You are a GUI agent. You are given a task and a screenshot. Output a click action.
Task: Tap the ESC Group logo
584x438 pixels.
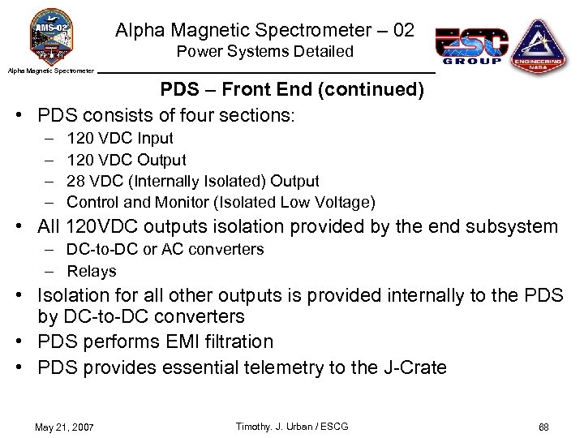tap(471, 45)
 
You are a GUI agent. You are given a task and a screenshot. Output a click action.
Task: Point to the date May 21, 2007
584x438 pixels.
tap(64, 427)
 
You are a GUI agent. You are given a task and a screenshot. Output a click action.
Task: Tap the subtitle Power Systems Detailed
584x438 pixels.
tap(265, 52)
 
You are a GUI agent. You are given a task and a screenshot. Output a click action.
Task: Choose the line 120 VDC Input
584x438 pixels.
tap(120, 139)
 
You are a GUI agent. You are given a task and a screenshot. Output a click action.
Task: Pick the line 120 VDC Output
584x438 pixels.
tap(127, 160)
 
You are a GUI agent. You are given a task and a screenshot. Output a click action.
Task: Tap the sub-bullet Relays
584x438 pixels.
tap(92, 271)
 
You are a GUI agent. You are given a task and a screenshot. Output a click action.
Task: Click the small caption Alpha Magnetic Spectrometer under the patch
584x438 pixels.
tap(51, 71)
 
